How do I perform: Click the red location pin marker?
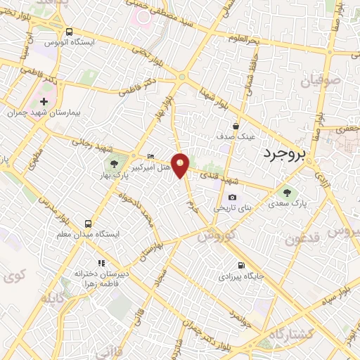pos(181,165)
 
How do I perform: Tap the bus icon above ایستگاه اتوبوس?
pos(69,32)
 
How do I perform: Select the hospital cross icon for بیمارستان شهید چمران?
pos(44,101)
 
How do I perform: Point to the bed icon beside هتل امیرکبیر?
pos(151,156)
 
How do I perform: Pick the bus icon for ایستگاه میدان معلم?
pos(89,222)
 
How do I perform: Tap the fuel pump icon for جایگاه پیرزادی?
pos(242,265)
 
